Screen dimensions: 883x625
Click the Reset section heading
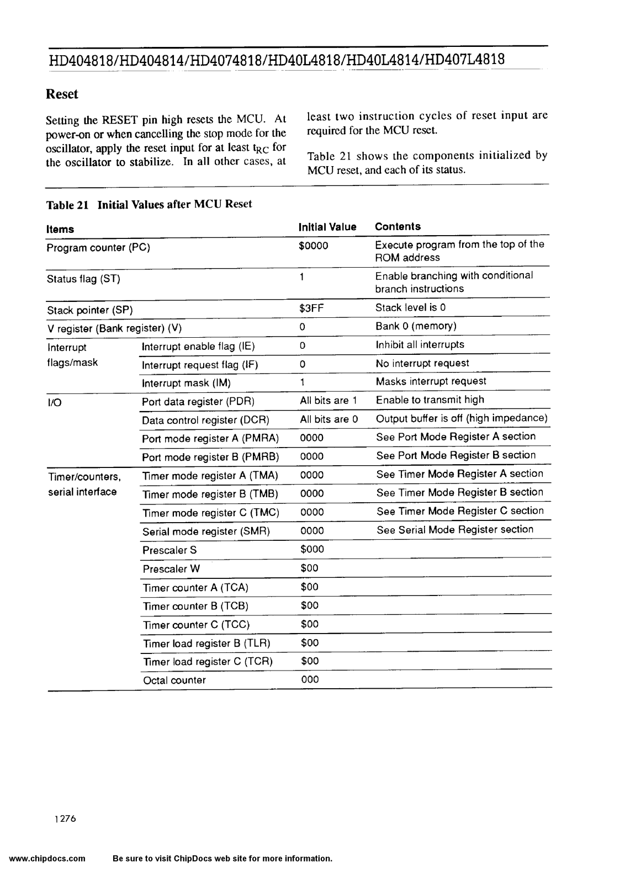point(62,94)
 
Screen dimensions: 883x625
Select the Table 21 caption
point(149,204)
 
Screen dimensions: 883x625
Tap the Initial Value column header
point(327,227)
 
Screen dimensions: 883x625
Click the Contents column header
point(398,226)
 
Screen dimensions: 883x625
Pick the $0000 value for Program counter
point(313,246)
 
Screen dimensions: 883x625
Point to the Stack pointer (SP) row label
point(90,310)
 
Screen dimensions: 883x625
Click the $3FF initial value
point(311,308)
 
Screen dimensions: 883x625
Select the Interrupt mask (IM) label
point(186,383)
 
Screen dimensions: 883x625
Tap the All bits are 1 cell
point(328,401)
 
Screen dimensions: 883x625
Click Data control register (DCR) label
point(205,420)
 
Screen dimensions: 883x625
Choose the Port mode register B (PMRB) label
point(210,457)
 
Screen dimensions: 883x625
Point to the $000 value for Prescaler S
point(312,549)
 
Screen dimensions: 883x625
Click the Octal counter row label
point(174,680)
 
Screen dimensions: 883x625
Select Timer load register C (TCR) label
point(208,662)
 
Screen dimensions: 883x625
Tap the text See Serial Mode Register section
point(455,530)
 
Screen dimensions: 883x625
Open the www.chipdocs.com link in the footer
point(47,859)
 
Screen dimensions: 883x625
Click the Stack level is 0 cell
point(410,307)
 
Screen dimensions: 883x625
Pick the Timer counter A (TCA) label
point(195,588)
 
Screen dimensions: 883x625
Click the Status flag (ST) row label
point(83,279)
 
